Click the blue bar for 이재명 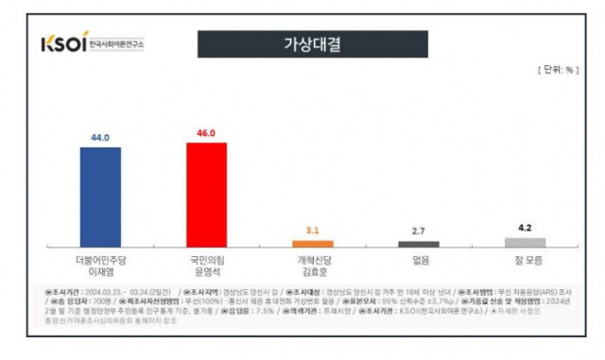pyautogui.click(x=100, y=197)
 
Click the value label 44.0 pyautogui.click(x=100, y=137)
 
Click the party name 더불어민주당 pyautogui.click(x=100, y=256)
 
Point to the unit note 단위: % pyautogui.click(x=557, y=70)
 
